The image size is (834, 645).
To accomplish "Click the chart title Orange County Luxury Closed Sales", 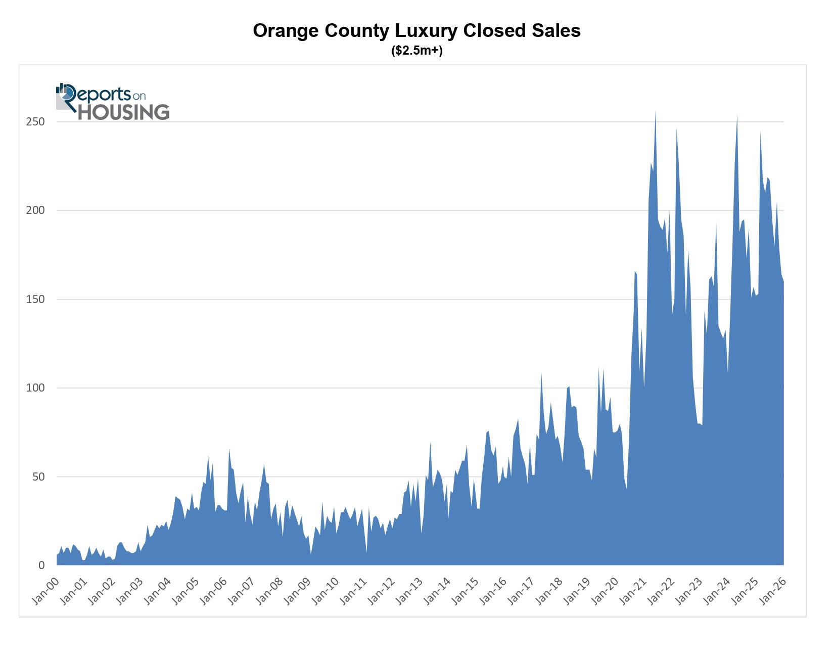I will [x=416, y=31].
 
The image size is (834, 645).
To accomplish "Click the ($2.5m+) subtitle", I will [x=416, y=51].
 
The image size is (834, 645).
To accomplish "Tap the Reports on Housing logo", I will [x=113, y=102].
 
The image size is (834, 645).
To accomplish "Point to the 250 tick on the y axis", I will [x=35, y=122].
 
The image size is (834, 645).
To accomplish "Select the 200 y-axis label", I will [x=35, y=210].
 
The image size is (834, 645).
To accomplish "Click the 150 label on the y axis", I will [x=35, y=299].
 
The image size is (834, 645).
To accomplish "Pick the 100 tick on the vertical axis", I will [x=35, y=388].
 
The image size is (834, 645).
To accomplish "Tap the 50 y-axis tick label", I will [x=38, y=477].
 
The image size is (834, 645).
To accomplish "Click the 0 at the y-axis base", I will [x=41, y=566].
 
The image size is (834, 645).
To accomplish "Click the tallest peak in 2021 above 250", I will [x=656, y=112].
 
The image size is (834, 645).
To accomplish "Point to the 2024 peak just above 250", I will [x=737, y=117].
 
